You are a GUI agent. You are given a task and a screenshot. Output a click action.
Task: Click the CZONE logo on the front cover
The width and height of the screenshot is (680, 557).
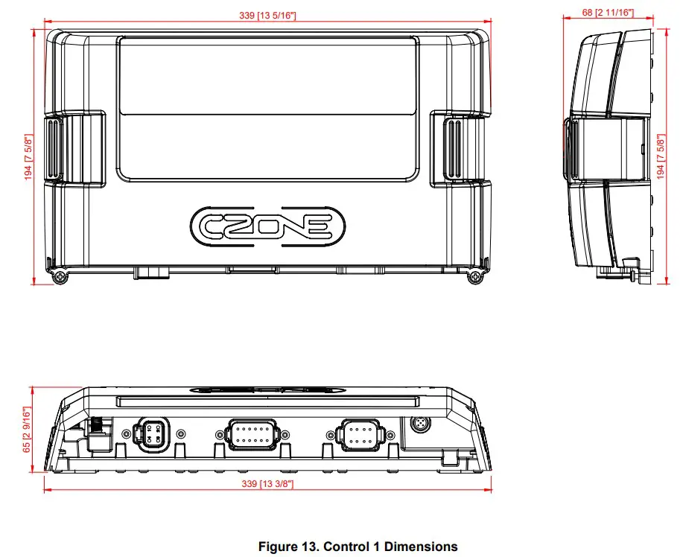pyautogui.click(x=268, y=225)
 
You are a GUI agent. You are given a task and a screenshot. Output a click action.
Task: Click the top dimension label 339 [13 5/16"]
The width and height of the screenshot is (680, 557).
pyautogui.click(x=270, y=16)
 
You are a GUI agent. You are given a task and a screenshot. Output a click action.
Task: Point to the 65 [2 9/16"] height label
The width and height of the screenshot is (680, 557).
pyautogui.click(x=27, y=429)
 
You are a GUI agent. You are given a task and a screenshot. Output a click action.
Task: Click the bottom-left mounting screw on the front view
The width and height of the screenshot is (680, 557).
pyautogui.click(x=60, y=277)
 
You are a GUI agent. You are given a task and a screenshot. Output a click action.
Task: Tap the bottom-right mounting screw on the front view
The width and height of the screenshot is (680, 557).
pyautogui.click(x=474, y=277)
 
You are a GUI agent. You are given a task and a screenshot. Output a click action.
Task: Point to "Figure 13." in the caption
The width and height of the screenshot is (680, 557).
pyautogui.click(x=288, y=547)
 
